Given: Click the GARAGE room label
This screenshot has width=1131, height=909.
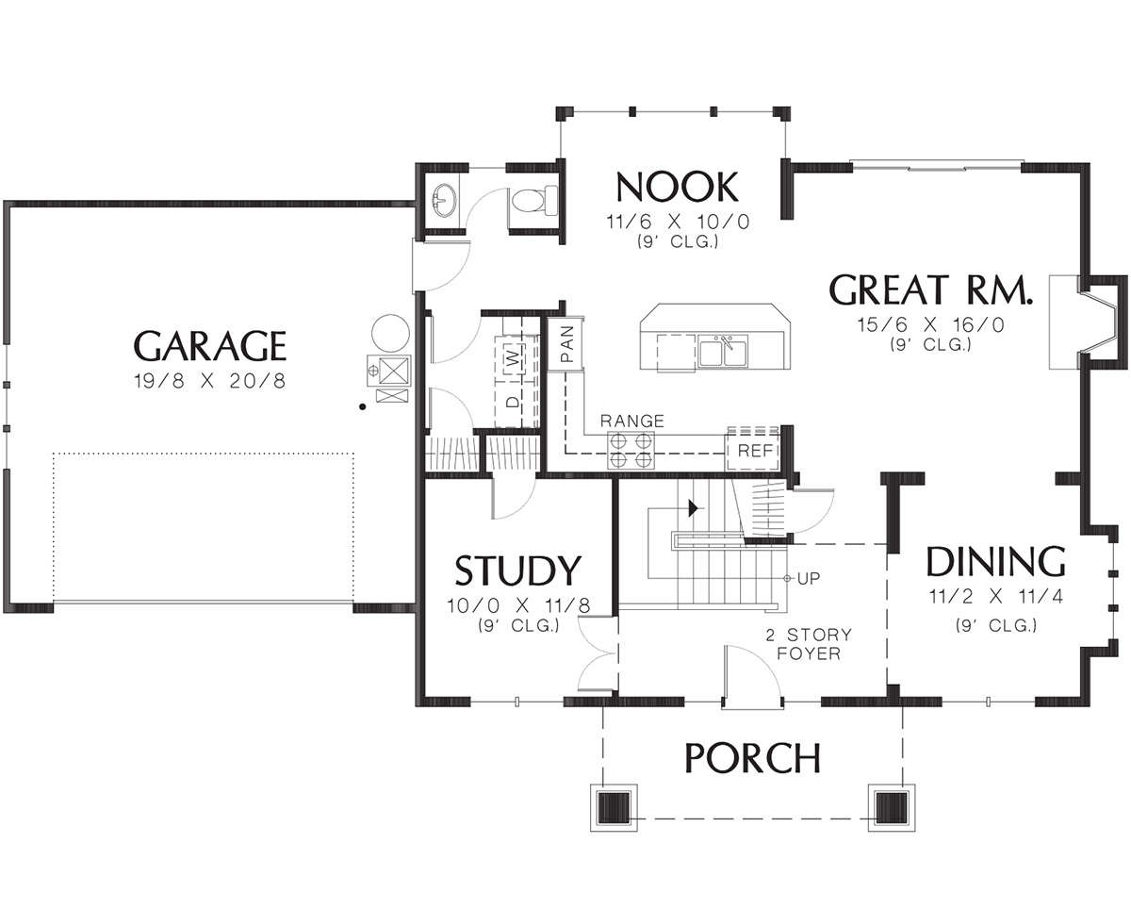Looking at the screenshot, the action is coord(209,346).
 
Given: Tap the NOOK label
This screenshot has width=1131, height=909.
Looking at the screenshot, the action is coord(677,187).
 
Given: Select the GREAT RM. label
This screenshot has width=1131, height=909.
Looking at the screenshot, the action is coord(931,289).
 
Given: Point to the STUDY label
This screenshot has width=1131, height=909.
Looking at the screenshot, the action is coord(517,570).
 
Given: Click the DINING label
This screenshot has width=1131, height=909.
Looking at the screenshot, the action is coord(996,562).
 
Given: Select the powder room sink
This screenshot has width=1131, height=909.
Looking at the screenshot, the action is coord(445,200).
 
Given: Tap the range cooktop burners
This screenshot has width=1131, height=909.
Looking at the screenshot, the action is coord(631,450).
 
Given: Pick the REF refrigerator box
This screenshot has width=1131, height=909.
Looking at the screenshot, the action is coord(753,450).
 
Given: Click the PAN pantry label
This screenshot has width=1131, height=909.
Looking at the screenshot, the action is coord(566,344).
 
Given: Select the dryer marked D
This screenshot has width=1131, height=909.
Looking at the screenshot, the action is coord(513,402).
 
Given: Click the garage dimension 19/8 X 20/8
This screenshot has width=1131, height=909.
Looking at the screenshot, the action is coord(209,381).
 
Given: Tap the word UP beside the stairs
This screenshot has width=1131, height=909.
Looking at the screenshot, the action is coord(809,579).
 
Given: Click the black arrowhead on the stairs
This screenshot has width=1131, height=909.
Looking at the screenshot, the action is coord(694,508).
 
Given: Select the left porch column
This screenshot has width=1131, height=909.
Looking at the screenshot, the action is coord(614,808).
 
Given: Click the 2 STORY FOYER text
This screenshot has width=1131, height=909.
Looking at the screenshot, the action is coord(809,644).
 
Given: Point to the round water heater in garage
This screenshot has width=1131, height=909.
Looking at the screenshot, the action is coord(390,333).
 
